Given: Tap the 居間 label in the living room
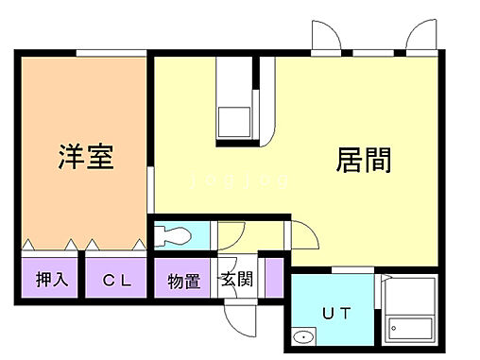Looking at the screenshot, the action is [364, 160].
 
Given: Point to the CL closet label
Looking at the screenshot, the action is [117, 280].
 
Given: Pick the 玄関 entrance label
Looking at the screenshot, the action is [236, 280].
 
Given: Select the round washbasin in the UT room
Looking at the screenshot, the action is [305, 337].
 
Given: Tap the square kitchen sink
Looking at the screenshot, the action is [232, 120].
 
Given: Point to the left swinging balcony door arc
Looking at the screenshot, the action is [325, 37].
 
